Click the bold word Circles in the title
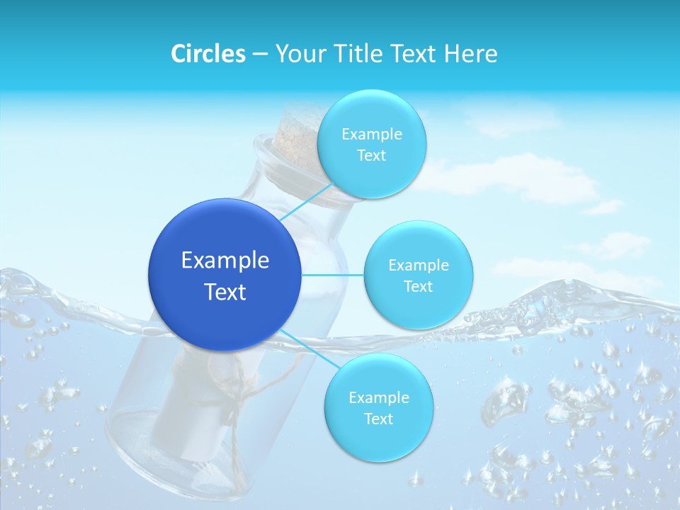coord(208,54)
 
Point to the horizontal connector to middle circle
coord(333,275)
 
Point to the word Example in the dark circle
coord(225,261)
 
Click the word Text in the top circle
coord(371,156)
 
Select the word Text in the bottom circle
coord(378,419)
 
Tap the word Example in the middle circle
coord(418,266)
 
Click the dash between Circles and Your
coord(259,55)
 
